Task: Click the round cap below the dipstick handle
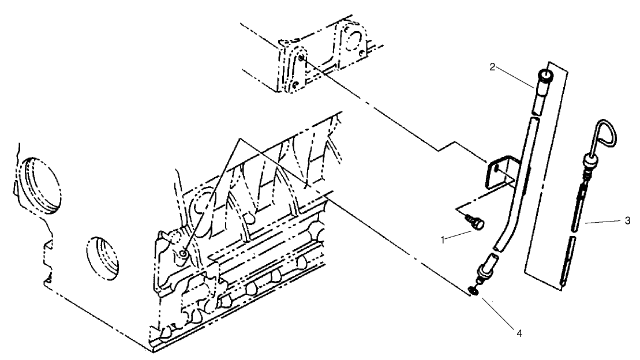(590, 162)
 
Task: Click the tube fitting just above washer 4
(484, 271)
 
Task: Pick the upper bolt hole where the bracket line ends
(302, 57)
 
